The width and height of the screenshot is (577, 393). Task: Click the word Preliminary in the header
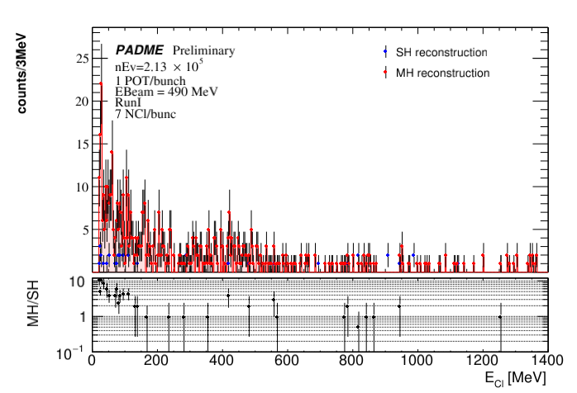203,51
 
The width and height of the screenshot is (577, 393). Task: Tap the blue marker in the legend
385,53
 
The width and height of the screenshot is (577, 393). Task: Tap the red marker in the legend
385,73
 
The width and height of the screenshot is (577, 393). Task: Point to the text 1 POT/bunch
150,80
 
